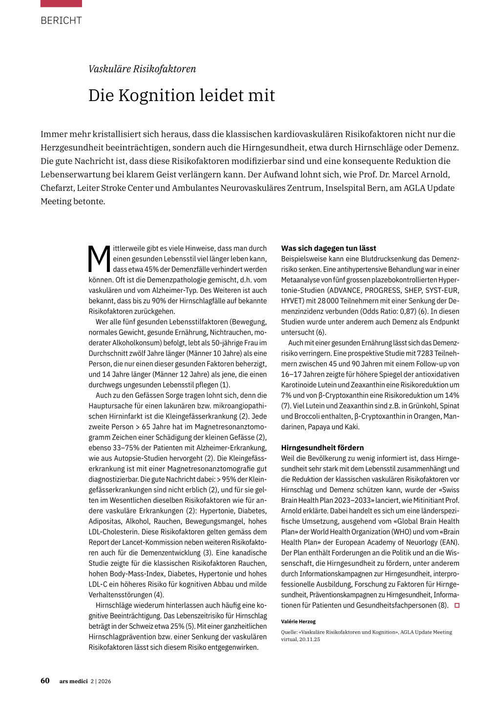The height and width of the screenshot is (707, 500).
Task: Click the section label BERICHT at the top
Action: click(x=61, y=21)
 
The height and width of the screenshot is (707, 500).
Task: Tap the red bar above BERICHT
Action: click(x=61, y=3)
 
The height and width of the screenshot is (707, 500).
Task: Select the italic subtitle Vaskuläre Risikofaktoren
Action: click(x=142, y=69)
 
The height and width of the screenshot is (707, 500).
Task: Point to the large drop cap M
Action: click(x=100, y=259)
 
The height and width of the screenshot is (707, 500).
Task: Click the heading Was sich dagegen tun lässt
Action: click(x=329, y=248)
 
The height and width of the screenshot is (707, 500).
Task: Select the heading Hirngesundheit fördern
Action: click(x=322, y=447)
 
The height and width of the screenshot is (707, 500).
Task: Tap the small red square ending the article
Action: click(x=457, y=605)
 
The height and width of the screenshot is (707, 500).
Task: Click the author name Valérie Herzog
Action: click(x=298, y=622)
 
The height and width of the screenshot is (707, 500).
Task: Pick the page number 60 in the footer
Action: click(x=45, y=681)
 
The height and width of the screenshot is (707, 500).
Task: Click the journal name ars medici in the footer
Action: click(x=74, y=681)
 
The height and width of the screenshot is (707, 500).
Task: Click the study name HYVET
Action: click(x=292, y=301)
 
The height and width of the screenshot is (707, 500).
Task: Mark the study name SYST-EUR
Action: click(x=442, y=291)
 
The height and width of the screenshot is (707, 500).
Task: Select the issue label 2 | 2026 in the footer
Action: click(x=101, y=681)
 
